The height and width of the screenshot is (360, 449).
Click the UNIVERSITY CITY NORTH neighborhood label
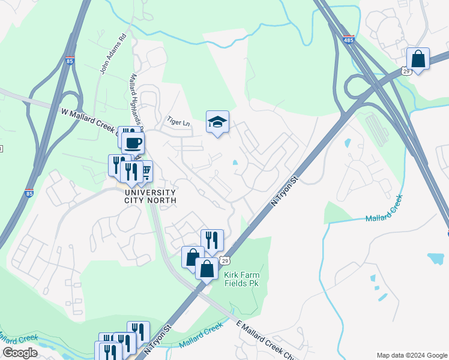point(150,196)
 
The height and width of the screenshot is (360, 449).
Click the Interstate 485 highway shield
point(349,41)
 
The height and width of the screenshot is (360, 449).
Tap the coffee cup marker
point(133,143)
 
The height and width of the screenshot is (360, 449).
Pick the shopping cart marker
point(145,172)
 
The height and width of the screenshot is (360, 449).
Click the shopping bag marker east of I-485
point(418,59)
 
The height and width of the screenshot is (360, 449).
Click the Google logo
point(19,353)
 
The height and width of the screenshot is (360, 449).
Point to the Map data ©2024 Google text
point(412,355)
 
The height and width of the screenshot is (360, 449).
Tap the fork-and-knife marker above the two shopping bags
point(212,240)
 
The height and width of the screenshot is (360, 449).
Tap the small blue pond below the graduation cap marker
point(235,163)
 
